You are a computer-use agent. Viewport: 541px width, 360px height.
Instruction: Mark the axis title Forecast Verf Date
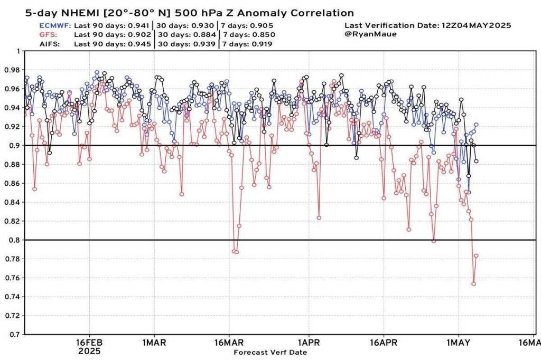click(269, 352)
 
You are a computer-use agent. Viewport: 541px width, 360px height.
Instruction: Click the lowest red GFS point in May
click(473, 284)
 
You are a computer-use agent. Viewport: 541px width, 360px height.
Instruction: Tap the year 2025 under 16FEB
click(89, 351)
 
